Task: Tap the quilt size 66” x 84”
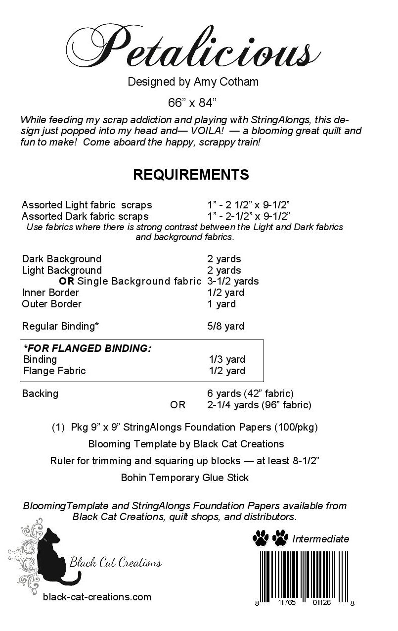[x=192, y=103]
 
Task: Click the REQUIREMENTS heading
[x=191, y=175]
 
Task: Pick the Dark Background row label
[x=61, y=259]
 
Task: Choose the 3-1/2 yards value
[x=233, y=282]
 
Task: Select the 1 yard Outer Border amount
[x=221, y=304]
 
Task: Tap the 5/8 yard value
[x=225, y=327]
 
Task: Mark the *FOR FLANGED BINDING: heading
[x=88, y=348]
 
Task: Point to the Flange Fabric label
[x=54, y=371]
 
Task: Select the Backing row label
[x=40, y=394]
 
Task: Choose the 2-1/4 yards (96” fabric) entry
[x=259, y=405]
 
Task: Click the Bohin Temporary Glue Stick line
[x=184, y=478]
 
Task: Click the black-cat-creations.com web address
[x=97, y=597]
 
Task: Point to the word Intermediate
[x=320, y=539]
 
